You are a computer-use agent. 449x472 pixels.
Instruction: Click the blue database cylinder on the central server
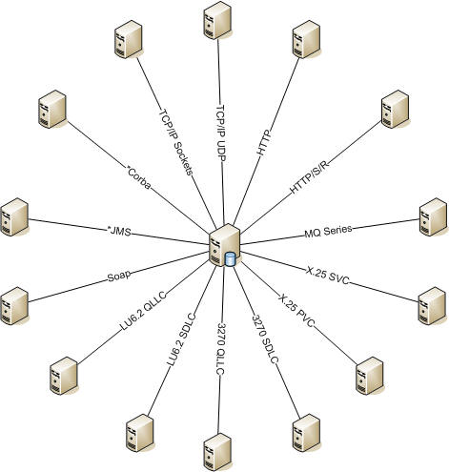point(230,259)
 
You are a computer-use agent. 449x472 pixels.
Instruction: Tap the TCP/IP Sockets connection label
point(175,142)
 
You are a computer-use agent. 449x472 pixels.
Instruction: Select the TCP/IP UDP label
point(221,133)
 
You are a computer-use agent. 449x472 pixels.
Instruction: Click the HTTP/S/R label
point(309,176)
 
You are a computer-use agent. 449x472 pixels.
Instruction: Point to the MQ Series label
point(328,231)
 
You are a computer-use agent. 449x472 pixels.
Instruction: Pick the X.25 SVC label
point(328,276)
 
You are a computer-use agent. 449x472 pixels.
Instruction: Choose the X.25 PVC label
point(296,311)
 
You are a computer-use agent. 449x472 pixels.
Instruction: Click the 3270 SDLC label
point(265,339)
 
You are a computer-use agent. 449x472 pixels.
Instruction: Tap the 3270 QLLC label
point(221,349)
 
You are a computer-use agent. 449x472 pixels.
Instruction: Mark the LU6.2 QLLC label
point(143,312)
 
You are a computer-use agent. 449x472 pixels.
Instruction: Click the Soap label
point(119,276)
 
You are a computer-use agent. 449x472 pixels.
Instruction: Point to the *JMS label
point(119,231)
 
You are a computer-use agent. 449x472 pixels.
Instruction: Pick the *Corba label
point(138,178)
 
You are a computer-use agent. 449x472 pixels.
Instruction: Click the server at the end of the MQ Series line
point(433,216)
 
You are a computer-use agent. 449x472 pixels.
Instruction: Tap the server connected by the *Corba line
point(52,109)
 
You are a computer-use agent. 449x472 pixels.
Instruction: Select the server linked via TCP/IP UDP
point(217,20)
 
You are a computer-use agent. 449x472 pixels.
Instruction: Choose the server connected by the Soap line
point(14,306)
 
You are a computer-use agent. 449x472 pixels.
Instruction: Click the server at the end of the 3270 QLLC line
point(217,452)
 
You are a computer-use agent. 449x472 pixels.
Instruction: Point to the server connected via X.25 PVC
point(370,376)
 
